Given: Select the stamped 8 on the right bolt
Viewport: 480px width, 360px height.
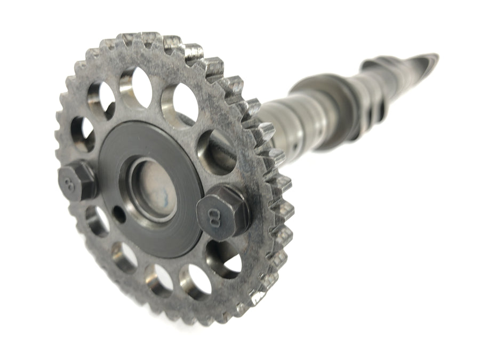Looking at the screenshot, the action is [x=213, y=217].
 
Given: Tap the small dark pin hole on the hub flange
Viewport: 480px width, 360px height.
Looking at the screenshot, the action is [x=119, y=214].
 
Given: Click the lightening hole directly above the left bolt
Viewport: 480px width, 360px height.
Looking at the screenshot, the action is [x=83, y=135].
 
